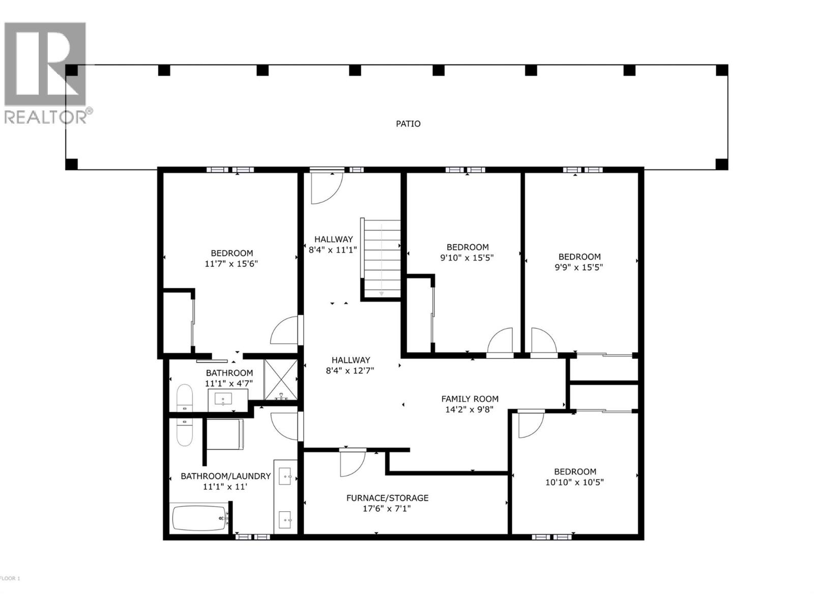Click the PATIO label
[408, 124]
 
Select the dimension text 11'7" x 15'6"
[232, 264]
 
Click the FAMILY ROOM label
[470, 399]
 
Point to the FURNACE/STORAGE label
[387, 497]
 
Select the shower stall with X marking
[280, 379]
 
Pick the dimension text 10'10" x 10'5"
[575, 482]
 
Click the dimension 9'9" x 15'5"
[579, 267]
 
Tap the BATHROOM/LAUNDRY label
[225, 476]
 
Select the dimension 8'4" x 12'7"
[350, 371]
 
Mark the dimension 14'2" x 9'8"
[470, 409]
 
